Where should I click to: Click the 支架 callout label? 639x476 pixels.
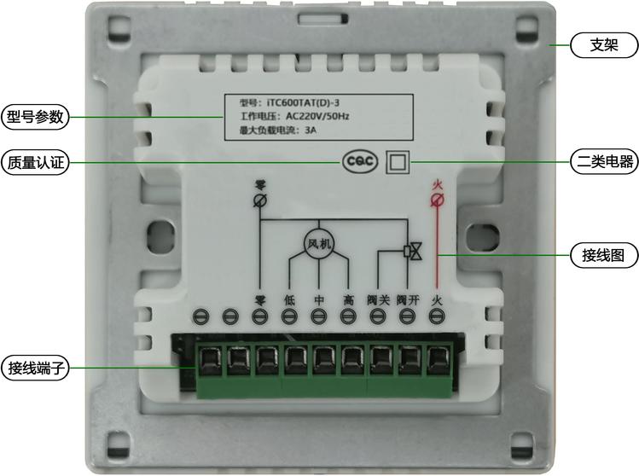point(604,45)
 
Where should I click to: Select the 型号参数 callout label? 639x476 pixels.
point(35,117)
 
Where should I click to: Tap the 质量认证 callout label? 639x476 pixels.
point(35,163)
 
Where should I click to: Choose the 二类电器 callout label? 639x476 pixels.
point(604,162)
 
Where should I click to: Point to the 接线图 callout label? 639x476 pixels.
point(604,256)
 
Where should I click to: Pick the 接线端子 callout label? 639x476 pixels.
point(35,368)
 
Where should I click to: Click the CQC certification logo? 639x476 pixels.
point(360,162)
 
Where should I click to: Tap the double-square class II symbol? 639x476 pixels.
point(398,162)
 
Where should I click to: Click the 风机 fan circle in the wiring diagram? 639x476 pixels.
point(319,244)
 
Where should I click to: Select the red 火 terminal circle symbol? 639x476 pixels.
point(438,200)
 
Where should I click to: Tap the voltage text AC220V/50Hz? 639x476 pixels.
point(317,116)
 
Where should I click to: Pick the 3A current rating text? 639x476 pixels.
point(311,131)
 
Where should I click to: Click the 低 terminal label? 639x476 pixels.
point(289,300)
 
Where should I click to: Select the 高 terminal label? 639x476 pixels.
point(348,300)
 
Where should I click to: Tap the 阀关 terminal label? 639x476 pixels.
point(378,300)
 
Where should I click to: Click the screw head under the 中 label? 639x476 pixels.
point(319,316)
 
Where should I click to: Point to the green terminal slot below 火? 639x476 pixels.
point(439,360)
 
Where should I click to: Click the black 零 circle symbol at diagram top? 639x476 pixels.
point(260,200)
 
